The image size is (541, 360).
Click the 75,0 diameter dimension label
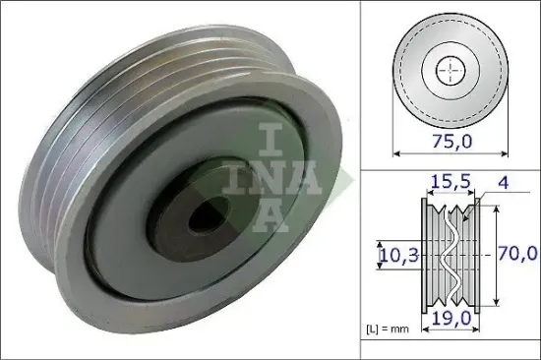(451, 141)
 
